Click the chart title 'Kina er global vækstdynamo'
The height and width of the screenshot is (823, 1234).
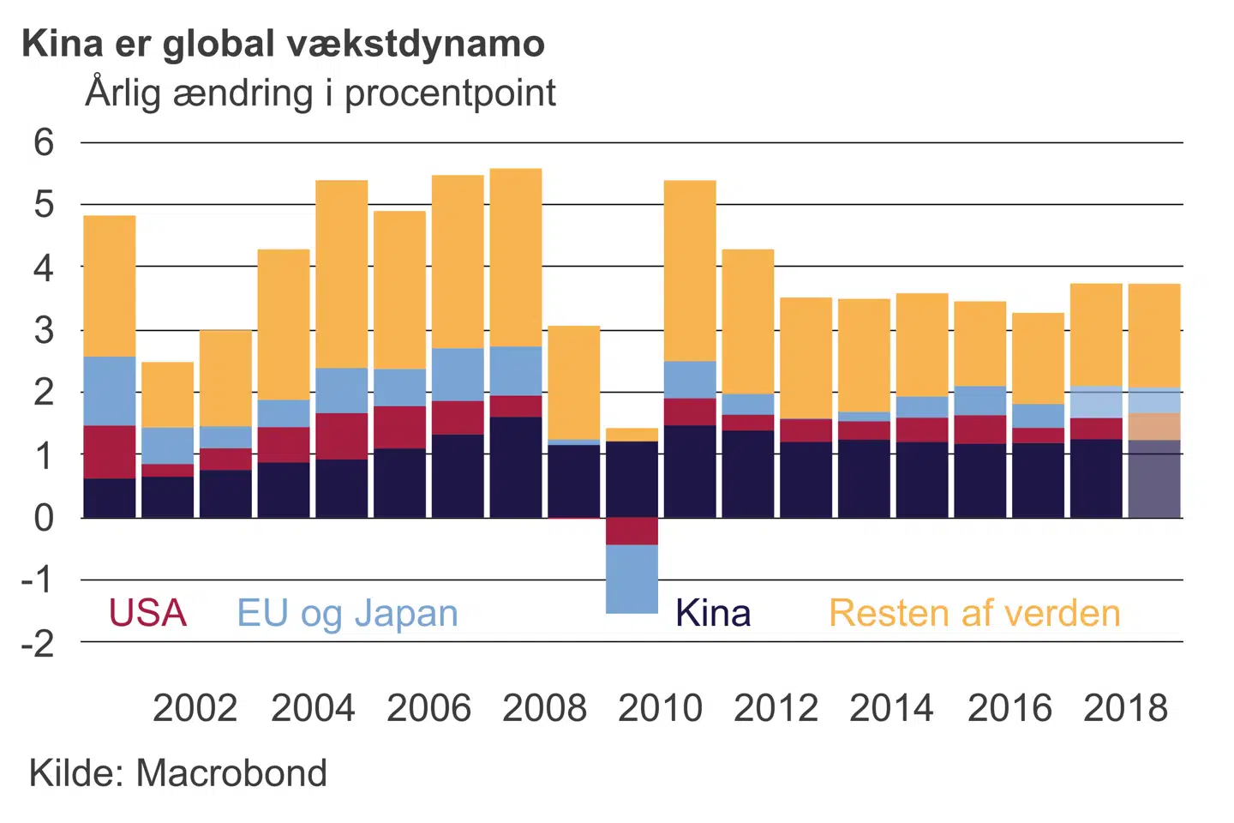[283, 44]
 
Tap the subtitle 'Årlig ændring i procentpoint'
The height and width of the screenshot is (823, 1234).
[320, 93]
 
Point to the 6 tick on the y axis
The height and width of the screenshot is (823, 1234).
[44, 142]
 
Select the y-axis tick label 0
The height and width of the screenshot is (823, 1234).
[44, 518]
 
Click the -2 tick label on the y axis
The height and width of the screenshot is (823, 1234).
[39, 643]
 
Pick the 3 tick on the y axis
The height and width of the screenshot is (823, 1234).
[44, 330]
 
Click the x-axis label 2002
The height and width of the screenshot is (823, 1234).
[195, 708]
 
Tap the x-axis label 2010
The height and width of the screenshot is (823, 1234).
[660, 708]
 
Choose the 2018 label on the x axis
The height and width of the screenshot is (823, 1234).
[1125, 708]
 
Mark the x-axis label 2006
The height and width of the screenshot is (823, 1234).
[428, 708]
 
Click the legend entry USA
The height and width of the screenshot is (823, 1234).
[147, 613]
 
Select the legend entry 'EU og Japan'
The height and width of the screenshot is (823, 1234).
[347, 613]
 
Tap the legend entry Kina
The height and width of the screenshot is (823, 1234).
[712, 613]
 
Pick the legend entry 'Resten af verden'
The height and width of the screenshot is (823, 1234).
[974, 613]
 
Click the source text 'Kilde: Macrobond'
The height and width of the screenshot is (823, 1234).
[178, 773]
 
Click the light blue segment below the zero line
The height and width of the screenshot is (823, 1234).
[632, 579]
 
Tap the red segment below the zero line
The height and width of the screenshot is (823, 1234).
[632, 532]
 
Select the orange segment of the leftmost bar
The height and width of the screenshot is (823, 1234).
[110, 285]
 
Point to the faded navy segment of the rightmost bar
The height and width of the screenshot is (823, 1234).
[1154, 479]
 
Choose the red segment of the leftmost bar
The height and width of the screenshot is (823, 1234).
[110, 452]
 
